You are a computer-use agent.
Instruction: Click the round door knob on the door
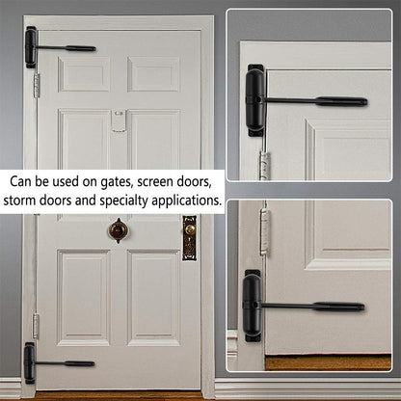tap(119, 230)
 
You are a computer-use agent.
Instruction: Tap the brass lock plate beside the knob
tap(189, 237)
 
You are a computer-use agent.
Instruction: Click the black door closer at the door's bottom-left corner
tap(30, 362)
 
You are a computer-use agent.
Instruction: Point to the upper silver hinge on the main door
tap(38, 84)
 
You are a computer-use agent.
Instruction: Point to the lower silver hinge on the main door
tap(37, 325)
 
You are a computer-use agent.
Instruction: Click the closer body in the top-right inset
tap(255, 99)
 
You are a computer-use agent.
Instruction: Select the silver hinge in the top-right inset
tap(259, 157)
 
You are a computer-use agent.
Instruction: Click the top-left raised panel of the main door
tap(84, 74)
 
